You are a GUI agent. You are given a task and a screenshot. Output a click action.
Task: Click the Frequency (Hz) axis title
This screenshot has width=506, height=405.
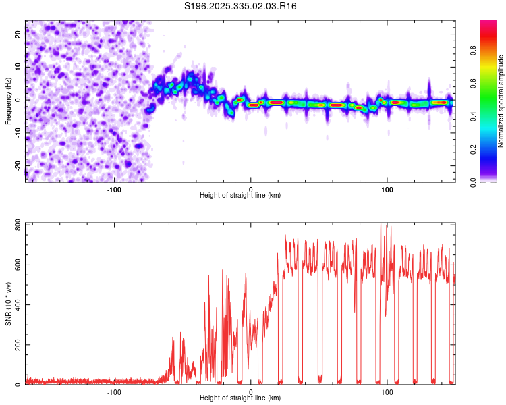coord(8,101)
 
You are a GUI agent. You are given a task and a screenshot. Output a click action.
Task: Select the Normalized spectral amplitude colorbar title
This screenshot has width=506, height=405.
coord(501,101)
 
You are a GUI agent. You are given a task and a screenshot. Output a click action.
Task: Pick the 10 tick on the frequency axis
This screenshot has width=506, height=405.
coord(18,67)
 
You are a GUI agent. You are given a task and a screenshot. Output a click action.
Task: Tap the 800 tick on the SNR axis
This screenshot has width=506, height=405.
coord(18,224)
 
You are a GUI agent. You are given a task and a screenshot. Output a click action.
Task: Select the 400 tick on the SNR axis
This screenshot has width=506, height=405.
coord(18,304)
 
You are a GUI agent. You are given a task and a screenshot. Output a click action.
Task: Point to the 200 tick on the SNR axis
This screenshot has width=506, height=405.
coord(18,345)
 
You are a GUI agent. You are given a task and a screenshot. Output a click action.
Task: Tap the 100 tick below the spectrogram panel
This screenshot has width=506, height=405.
coord(387,189)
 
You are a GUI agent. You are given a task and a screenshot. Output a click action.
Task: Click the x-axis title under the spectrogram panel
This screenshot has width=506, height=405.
coord(240,196)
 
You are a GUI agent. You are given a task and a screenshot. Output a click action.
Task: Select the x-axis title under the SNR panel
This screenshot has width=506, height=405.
coord(240,398)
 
